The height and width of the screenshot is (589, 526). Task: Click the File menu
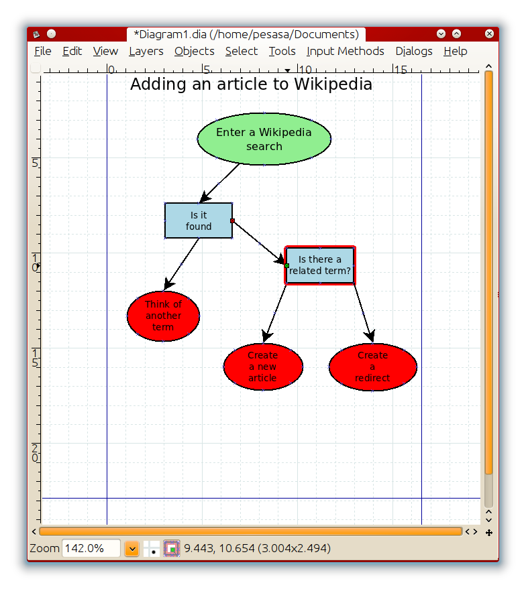point(42,51)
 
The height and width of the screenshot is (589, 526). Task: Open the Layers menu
point(146,51)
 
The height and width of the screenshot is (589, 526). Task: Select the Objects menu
point(194,51)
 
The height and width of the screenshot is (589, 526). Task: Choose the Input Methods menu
point(345,51)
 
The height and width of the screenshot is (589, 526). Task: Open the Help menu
point(455,51)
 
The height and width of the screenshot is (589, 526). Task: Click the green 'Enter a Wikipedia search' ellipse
point(264,139)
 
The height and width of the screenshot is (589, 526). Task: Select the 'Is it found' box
point(199,220)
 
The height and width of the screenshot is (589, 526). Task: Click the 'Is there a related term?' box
point(319,265)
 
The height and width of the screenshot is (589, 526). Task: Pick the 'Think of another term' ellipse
point(163,316)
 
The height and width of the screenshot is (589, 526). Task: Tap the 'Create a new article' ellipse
point(263,367)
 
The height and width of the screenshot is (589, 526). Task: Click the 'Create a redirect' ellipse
point(372,367)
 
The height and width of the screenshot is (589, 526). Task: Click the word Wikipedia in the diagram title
point(333,84)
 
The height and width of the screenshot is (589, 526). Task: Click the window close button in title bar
point(489,34)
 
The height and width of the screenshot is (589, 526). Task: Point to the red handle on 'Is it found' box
point(232,221)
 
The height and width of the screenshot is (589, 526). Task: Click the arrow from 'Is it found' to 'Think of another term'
point(181,264)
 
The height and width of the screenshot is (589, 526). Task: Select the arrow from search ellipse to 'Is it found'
point(219,184)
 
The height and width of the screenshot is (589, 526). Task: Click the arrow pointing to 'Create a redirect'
point(364,314)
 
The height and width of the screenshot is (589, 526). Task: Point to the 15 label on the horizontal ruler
point(401,70)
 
